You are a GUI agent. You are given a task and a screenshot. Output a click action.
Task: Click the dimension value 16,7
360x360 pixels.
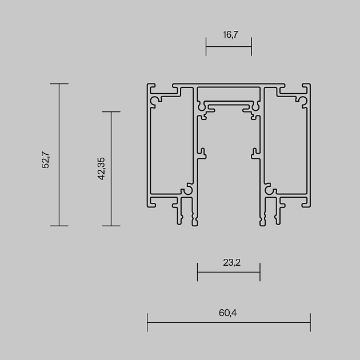pos(229,35)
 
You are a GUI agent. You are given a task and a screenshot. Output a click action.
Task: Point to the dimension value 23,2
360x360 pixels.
pos(228,263)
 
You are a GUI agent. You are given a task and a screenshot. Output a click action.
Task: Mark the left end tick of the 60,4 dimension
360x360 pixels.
pos(147,322)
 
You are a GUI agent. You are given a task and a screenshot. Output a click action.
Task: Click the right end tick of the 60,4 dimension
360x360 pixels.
pos(310,322)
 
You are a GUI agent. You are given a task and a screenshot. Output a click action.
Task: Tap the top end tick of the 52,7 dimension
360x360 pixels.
pos(59,84)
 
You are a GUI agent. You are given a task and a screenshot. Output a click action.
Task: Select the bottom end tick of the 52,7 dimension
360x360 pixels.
pos(59,226)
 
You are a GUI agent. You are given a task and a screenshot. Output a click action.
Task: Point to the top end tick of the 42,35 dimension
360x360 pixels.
pos(111,112)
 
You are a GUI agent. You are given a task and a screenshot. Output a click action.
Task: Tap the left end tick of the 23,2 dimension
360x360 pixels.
pos(197,272)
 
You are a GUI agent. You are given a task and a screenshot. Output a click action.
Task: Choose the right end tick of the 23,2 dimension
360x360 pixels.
pos(259,272)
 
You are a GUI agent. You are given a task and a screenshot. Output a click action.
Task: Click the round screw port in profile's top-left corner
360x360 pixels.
pos(155,101)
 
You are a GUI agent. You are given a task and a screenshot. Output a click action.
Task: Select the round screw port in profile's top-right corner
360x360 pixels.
pos(302,101)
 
